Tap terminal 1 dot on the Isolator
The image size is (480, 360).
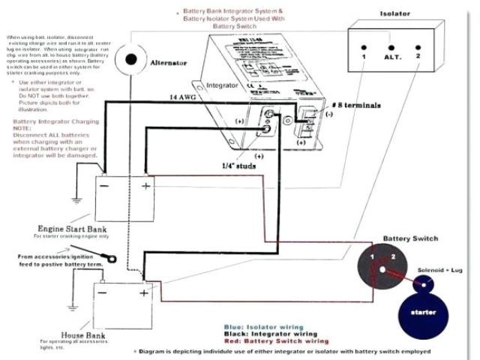point(363,43)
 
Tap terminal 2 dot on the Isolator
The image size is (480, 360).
point(418,43)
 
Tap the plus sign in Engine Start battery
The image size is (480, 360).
point(145,184)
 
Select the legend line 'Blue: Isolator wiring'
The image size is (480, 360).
point(263,327)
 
